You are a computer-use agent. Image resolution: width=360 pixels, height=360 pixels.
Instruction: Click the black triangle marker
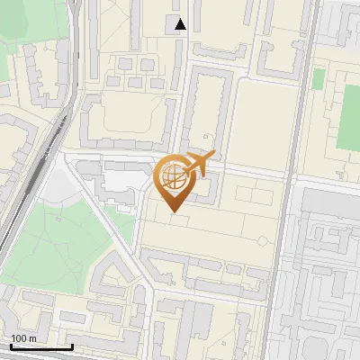pos(181,24)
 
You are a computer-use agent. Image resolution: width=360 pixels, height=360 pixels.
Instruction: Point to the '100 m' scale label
pos(24,338)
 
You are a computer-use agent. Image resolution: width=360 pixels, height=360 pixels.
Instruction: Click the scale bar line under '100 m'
pos(40,346)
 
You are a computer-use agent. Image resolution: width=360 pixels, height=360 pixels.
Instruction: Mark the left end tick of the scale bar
pos(11,345)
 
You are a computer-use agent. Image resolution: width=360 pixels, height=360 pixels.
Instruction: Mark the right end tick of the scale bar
pos(71,345)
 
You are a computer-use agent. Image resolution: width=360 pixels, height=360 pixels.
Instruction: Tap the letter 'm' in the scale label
pos(33,338)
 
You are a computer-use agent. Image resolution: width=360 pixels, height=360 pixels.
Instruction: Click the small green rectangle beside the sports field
pos(318,79)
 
